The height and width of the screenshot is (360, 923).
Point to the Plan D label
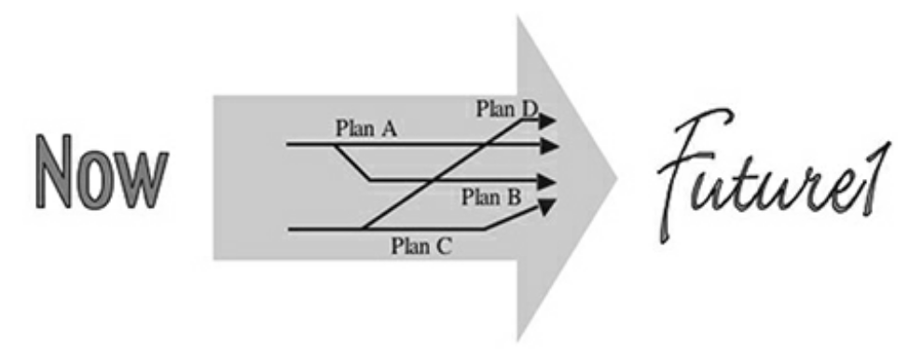(x=507, y=108)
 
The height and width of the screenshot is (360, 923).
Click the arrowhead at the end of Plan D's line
(x=549, y=120)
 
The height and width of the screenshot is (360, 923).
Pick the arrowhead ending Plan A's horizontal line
(x=550, y=145)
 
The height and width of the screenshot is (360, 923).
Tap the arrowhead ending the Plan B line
(x=550, y=180)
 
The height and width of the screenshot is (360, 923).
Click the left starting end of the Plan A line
(x=288, y=145)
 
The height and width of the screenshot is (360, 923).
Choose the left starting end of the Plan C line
(x=290, y=228)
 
